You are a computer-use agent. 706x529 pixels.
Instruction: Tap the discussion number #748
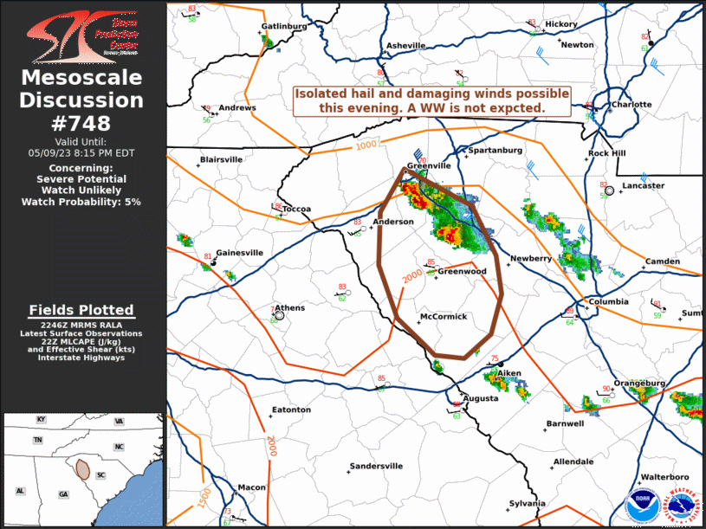pos(82,123)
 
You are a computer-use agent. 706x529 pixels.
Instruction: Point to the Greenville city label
pos(431,165)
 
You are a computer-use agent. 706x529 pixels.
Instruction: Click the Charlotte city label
pos(631,105)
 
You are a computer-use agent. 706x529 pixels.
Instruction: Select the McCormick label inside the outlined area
pos(444,317)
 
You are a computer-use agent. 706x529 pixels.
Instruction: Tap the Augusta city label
pos(481,398)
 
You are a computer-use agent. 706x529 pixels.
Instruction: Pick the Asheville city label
pos(405,45)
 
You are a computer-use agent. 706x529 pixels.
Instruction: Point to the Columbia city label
pos(608,301)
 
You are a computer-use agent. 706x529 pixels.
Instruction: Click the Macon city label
pos(252,487)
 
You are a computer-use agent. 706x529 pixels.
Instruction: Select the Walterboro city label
pos(664,477)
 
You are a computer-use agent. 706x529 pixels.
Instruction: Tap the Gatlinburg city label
pos(285,26)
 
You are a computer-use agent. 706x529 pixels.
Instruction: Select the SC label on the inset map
pos(100,475)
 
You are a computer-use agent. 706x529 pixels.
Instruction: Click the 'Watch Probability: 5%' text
pos(82,202)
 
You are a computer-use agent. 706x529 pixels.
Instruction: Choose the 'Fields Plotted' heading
pos(82,310)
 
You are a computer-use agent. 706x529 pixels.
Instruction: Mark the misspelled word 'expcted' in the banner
pos(515,107)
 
